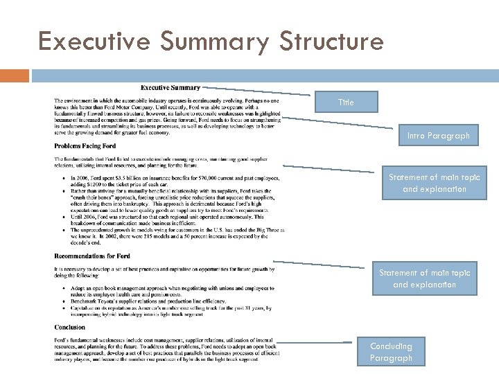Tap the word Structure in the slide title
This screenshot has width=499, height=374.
(331, 42)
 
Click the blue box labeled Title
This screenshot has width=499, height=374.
(345, 102)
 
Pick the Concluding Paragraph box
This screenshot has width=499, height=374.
(390, 352)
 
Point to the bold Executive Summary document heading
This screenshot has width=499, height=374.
(170, 87)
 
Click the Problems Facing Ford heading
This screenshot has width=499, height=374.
(86, 145)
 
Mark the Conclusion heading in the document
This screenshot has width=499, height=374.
(70, 327)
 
